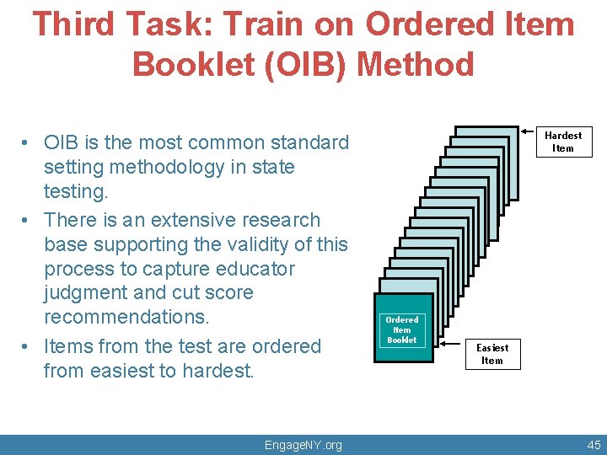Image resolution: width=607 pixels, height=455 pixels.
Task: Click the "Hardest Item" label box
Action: click(562, 142)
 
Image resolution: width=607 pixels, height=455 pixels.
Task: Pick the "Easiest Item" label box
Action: click(492, 354)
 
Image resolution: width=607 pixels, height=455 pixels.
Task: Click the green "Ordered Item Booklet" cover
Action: click(402, 329)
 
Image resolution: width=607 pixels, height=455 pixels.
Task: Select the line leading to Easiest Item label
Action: click(449, 343)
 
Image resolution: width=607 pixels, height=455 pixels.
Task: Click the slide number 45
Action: click(594, 445)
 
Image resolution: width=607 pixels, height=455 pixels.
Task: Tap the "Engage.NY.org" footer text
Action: click(303, 445)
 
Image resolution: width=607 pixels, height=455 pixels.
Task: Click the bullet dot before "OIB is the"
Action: click(27, 143)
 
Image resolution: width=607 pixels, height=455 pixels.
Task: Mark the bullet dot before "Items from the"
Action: click(27, 347)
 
